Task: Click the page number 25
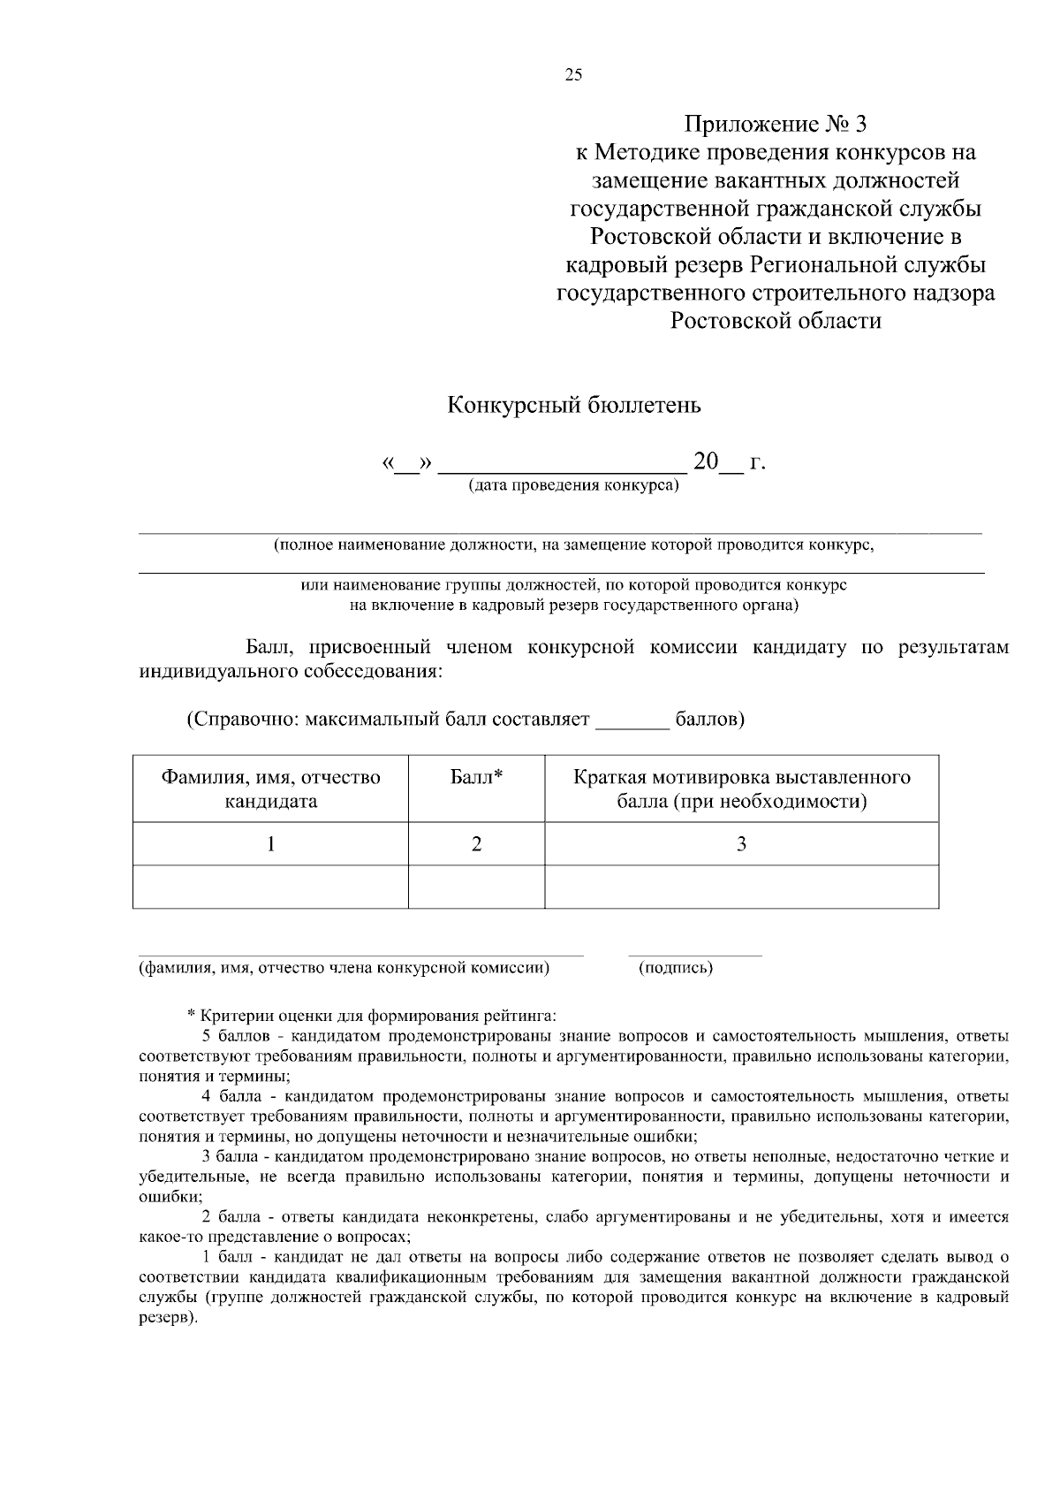click(573, 75)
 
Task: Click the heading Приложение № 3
click(776, 123)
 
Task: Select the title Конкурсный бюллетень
click(574, 406)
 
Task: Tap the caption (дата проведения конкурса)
click(573, 485)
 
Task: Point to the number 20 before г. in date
click(707, 461)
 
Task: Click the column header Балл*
click(476, 778)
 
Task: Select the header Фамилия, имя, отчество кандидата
click(270, 789)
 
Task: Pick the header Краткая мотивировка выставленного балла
click(741, 789)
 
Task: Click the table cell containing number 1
click(270, 844)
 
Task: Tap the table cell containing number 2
click(476, 844)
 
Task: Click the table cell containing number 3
click(741, 844)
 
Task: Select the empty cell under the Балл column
click(476, 887)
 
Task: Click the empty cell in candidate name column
click(270, 887)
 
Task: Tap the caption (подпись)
click(676, 968)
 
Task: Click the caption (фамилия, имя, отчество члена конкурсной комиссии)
click(344, 968)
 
